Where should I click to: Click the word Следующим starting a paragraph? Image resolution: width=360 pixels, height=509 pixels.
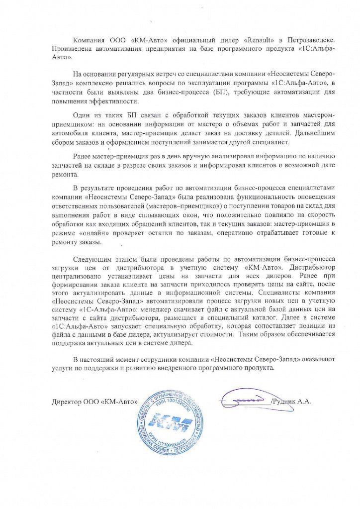91,260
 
